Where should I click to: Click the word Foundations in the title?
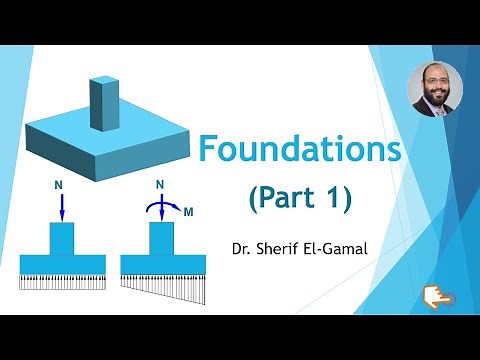pos(300,150)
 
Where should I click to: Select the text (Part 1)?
pos(300,198)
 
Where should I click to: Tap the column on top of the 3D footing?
pos(103,103)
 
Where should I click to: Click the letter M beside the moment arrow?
pos(188,212)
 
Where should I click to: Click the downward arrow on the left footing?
pos(62,207)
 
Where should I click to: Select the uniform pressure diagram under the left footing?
pos(62,281)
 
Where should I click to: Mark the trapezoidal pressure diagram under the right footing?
pos(163,286)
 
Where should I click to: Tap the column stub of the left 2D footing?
pos(62,238)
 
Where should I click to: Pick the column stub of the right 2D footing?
pos(162,238)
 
